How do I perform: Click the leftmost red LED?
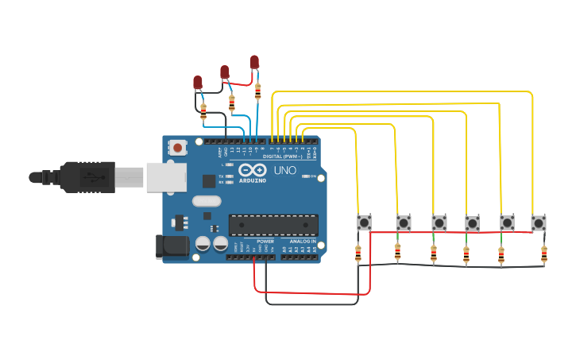click(198, 82)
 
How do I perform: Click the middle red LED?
click(225, 72)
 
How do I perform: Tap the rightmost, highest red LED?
click(254, 61)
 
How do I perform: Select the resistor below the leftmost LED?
click(203, 110)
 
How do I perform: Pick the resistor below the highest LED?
click(257, 91)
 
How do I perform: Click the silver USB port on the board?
click(166, 176)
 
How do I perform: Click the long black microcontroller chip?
click(273, 225)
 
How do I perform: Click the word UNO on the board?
click(284, 170)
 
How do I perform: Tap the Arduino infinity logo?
click(252, 170)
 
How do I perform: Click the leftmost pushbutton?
click(364, 223)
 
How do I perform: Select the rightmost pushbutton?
click(539, 223)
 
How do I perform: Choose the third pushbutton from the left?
click(439, 223)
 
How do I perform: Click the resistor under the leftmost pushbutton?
click(358, 254)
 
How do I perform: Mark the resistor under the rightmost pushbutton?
click(543, 254)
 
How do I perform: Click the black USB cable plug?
click(87, 177)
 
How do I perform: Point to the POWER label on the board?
click(265, 241)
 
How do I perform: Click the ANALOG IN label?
click(302, 241)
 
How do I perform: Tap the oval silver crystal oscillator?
click(206, 201)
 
